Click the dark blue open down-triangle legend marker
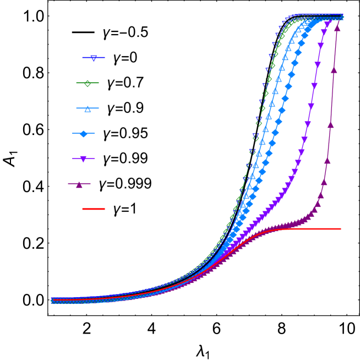94,58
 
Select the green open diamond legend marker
88,83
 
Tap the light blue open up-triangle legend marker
88,108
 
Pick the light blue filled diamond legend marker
84,134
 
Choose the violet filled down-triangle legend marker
83,159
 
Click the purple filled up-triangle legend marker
79,184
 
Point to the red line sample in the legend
94,209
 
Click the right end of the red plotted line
340,229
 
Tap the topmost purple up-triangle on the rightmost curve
337,28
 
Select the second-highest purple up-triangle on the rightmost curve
334,70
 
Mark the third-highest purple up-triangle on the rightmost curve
330,125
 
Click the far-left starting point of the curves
53,301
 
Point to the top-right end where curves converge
341,17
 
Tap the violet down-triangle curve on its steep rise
308,124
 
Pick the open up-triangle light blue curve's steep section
269,116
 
